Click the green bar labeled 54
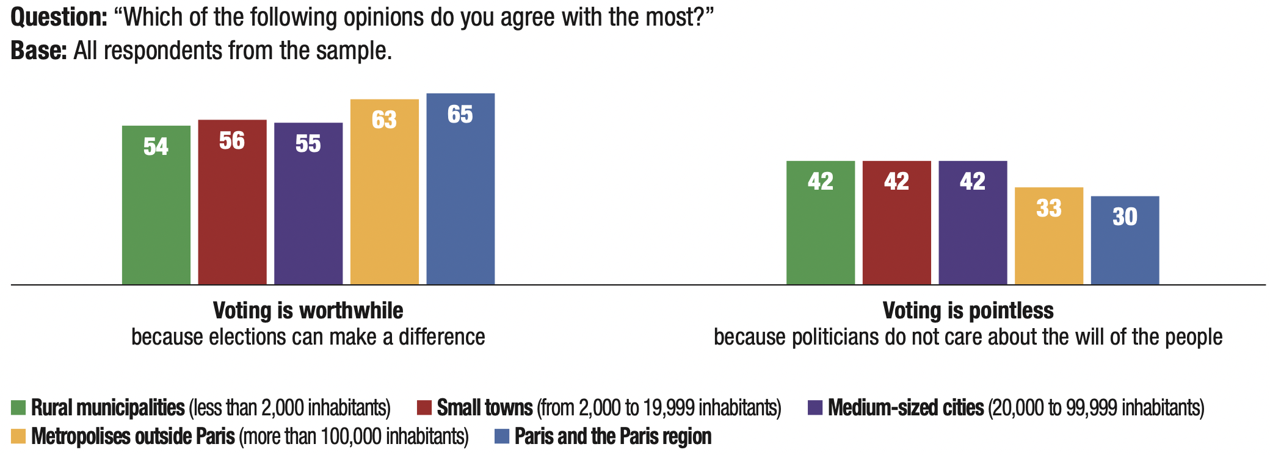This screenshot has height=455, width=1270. (x=156, y=205)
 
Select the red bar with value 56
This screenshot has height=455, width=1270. (x=232, y=202)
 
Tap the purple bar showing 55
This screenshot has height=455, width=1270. (x=308, y=204)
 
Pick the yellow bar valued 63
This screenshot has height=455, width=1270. (x=385, y=192)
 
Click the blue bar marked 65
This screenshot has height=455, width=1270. (x=460, y=188)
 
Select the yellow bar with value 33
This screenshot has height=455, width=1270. (x=1048, y=235)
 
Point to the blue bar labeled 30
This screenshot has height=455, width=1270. (x=1125, y=240)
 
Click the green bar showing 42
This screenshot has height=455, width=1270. (x=820, y=223)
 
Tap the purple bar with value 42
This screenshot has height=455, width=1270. (x=973, y=223)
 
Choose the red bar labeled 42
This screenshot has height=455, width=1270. (x=896, y=223)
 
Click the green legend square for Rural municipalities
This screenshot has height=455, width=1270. (x=18, y=407)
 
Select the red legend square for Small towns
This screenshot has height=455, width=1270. (x=424, y=407)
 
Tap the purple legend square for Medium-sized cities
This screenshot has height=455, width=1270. (x=815, y=407)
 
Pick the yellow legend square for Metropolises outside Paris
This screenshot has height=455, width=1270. (x=18, y=437)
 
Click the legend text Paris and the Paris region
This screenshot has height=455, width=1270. (x=613, y=437)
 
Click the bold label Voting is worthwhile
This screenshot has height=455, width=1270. (x=308, y=311)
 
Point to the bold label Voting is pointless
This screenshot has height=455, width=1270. (x=968, y=311)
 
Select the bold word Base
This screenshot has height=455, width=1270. (x=38, y=51)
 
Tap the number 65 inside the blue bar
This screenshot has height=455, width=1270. (x=460, y=115)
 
